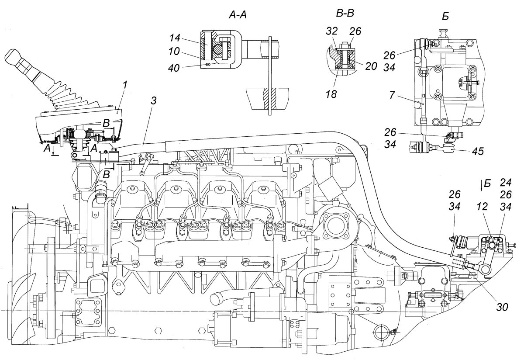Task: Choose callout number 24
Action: click(x=505, y=183)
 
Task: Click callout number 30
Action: click(x=502, y=307)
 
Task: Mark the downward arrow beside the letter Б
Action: click(x=482, y=186)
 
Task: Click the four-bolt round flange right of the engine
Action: click(x=334, y=227)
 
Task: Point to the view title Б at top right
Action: click(x=445, y=17)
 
